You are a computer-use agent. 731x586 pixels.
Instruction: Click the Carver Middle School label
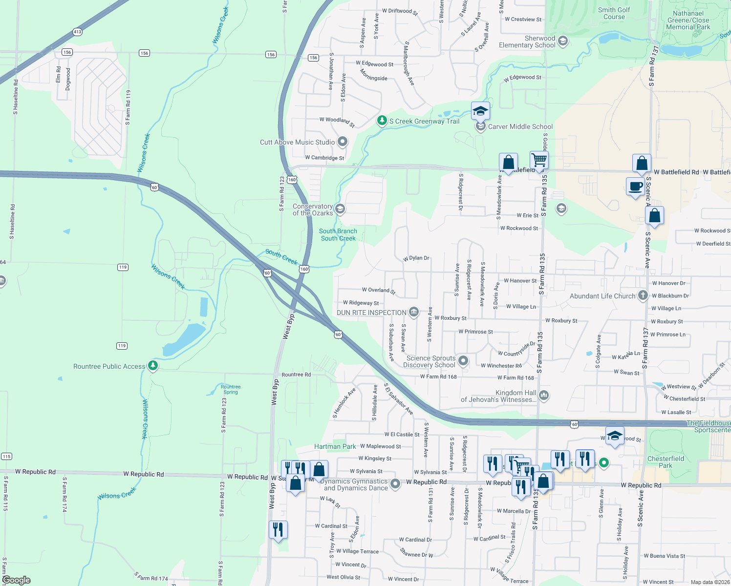(x=520, y=126)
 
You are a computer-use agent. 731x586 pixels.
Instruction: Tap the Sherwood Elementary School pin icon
(x=563, y=41)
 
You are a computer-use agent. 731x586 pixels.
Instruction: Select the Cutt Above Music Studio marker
(x=343, y=142)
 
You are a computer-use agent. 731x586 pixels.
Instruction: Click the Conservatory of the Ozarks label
(x=313, y=209)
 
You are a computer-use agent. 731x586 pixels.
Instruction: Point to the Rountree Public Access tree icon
(x=153, y=366)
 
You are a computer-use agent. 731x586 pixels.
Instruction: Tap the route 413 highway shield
(x=77, y=32)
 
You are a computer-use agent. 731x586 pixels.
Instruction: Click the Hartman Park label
(x=335, y=446)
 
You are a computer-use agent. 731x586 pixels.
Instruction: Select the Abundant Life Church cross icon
(x=643, y=295)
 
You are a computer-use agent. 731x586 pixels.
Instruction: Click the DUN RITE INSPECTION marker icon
(x=414, y=312)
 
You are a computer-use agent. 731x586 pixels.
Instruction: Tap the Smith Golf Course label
(x=614, y=13)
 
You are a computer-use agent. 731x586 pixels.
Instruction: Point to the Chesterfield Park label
(x=666, y=462)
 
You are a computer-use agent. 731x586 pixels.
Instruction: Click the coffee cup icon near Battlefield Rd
(x=635, y=187)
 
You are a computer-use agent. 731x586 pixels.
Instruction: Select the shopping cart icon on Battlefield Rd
(x=539, y=160)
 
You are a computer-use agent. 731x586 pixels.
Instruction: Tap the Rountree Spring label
(x=231, y=389)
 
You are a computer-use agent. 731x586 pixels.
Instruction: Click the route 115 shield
(x=6, y=456)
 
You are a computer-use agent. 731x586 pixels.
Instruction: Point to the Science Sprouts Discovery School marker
(x=463, y=361)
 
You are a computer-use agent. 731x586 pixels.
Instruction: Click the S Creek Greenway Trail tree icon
(x=382, y=120)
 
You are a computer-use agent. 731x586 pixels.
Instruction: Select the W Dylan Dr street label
(x=416, y=258)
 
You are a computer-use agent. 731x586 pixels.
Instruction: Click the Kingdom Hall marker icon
(x=544, y=395)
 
